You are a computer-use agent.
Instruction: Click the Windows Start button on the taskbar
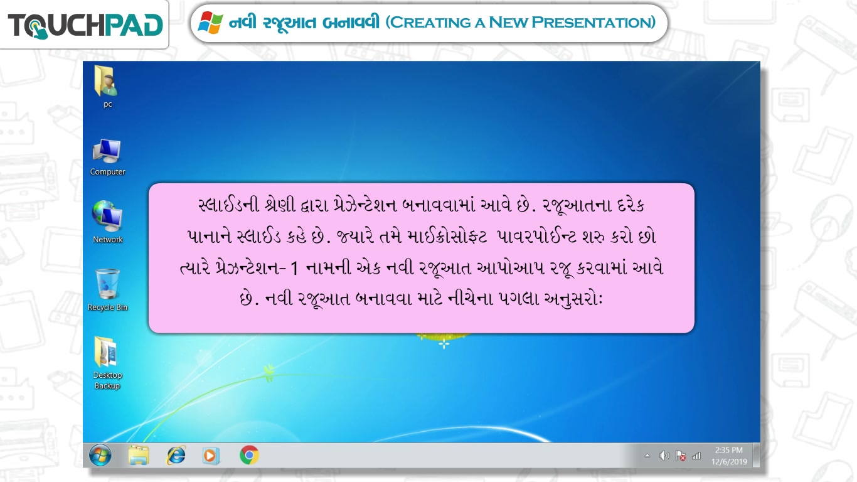tap(100, 455)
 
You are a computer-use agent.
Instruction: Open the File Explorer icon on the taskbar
tap(139, 455)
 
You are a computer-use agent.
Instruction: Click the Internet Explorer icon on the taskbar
tap(176, 455)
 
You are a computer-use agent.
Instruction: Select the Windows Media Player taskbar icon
tap(211, 456)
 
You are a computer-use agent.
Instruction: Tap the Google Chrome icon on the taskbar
tap(249, 455)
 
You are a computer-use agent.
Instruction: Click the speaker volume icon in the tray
tap(664, 456)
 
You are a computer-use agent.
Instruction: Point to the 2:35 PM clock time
tap(729, 450)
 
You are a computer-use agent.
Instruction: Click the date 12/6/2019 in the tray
tap(729, 462)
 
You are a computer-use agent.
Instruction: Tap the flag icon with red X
tap(681, 456)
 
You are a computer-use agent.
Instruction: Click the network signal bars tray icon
tap(696, 456)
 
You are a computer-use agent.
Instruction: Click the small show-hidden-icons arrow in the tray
tap(647, 456)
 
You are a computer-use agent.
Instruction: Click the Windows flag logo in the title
tap(210, 23)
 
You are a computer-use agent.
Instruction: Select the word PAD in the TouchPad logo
tap(134, 26)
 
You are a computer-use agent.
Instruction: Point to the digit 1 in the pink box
tap(294, 269)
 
